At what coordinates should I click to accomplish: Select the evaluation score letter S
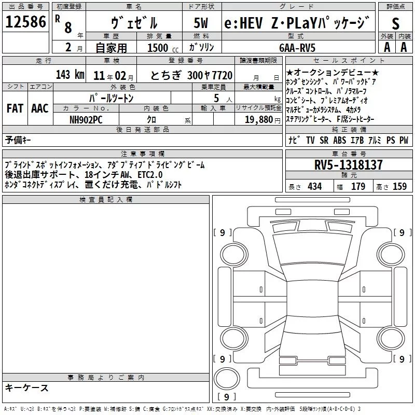[x=396, y=24]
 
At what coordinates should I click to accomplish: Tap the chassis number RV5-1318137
[x=349, y=165]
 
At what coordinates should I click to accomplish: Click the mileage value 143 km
[x=70, y=74]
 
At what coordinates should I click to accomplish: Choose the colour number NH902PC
[x=86, y=119]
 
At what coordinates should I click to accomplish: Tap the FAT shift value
[x=15, y=108]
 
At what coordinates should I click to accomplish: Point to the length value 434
[x=314, y=187]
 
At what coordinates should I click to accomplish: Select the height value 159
[x=399, y=187]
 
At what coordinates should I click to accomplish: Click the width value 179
[x=358, y=187]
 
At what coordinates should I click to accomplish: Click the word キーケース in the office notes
[x=27, y=388]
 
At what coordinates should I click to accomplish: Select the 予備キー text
[x=18, y=140]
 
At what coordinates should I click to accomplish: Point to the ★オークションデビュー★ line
[x=333, y=72]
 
